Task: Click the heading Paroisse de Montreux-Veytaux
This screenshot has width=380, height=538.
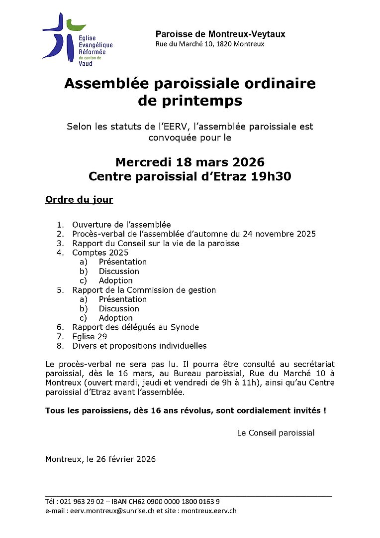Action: point(220,34)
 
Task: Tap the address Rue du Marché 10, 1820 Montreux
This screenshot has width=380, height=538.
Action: point(210,44)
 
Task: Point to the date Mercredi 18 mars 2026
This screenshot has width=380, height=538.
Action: point(190,162)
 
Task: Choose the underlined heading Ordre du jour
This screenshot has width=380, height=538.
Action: point(79,200)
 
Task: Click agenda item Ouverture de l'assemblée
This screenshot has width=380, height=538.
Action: point(121,225)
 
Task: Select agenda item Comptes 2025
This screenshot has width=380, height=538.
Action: point(100,253)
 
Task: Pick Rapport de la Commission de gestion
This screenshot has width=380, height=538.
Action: point(144,290)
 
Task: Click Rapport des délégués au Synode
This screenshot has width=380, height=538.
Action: point(135,327)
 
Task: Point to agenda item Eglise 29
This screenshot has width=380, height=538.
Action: point(90,337)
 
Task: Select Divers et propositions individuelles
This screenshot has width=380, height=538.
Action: point(139,346)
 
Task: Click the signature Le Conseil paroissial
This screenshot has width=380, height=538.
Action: point(276,433)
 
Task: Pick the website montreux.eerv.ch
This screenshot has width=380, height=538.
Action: point(209,511)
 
